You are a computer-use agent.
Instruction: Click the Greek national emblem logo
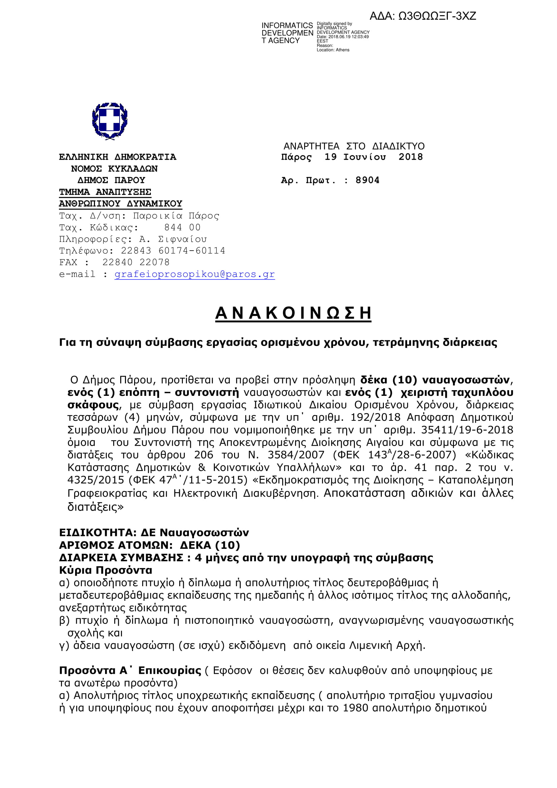point(110,121)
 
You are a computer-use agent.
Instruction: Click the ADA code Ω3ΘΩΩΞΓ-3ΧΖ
point(437,16)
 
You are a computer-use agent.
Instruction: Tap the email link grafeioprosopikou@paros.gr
point(194,274)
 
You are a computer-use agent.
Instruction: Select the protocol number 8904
point(367,180)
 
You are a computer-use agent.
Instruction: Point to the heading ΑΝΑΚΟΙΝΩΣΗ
point(293,313)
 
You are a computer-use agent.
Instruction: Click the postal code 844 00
point(182,227)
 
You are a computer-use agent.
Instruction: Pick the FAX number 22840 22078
point(136,262)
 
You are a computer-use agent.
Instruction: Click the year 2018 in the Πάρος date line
point(411,157)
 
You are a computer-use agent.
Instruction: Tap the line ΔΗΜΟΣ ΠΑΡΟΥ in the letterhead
point(111,180)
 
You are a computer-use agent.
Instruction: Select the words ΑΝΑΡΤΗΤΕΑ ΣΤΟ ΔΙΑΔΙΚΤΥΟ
point(354,146)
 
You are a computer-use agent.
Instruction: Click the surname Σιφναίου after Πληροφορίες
point(183,239)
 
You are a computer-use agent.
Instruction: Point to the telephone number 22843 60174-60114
point(173,251)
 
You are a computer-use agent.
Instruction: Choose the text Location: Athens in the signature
point(333,50)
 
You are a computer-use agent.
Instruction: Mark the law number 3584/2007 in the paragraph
point(296,455)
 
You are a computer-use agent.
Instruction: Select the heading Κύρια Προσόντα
point(106,570)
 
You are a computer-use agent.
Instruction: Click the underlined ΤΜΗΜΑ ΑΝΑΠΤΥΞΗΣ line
point(105,192)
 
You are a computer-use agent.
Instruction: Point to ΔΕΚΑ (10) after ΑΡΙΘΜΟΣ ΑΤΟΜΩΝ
point(210,545)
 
